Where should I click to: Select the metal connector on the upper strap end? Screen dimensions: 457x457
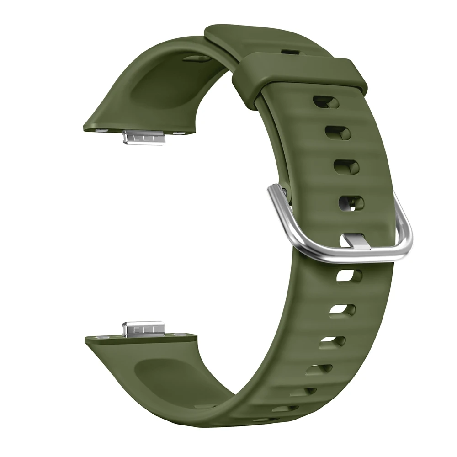click(143, 136)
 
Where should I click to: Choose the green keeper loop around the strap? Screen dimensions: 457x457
click(299, 71)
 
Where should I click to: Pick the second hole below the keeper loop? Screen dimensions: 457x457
click(338, 133)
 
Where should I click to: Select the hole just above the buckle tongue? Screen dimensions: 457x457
click(351, 202)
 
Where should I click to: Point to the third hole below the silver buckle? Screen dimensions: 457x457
click(332, 340)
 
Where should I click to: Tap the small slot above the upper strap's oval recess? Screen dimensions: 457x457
click(197, 58)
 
